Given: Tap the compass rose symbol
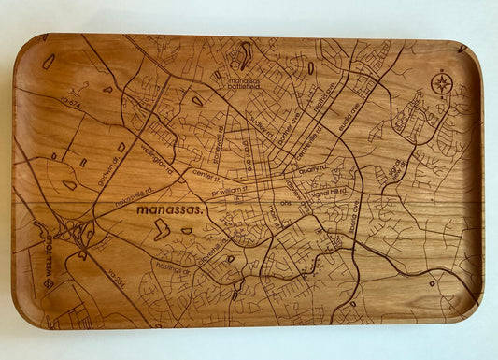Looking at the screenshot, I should click(441, 83).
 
